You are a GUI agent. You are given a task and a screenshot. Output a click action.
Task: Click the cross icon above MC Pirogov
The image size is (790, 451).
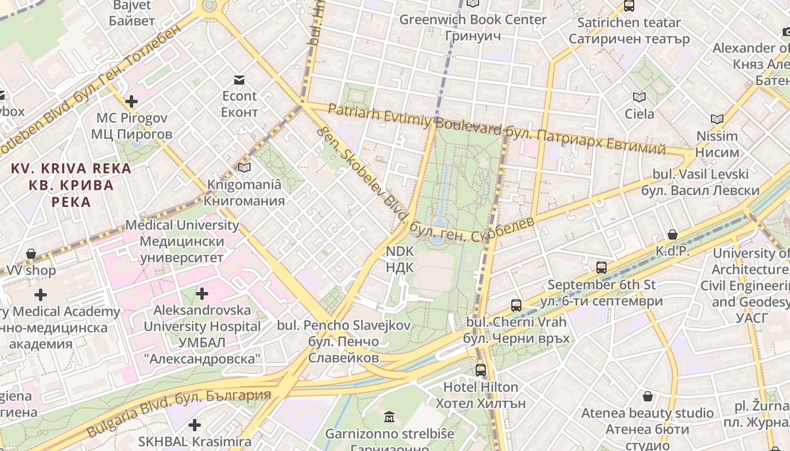[131, 101]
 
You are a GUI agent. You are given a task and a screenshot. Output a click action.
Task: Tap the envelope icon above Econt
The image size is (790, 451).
[239, 80]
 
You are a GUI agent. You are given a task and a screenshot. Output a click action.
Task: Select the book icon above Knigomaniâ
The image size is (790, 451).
[244, 168]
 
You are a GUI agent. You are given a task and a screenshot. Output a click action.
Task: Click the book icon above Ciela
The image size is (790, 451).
[639, 98]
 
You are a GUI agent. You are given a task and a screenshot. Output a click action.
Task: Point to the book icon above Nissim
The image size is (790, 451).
[717, 120]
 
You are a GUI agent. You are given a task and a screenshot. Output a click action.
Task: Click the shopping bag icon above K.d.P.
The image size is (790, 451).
[673, 235]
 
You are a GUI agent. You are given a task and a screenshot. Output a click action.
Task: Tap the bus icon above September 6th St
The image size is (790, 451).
[602, 268]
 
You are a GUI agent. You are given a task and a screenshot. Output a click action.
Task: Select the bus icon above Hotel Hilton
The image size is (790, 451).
[481, 370]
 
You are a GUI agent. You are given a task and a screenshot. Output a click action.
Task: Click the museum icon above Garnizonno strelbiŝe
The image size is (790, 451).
[389, 418]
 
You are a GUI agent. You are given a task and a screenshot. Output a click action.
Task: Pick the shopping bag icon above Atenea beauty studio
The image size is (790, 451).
[648, 396]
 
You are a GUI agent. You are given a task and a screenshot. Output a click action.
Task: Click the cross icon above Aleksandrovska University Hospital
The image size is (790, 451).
[202, 294]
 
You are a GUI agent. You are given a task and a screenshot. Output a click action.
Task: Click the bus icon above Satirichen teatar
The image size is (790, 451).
[629, 7]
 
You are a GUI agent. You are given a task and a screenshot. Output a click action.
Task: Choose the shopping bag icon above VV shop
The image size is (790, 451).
[31, 254]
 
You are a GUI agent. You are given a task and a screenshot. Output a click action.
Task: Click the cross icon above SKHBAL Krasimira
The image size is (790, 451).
[195, 425]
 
